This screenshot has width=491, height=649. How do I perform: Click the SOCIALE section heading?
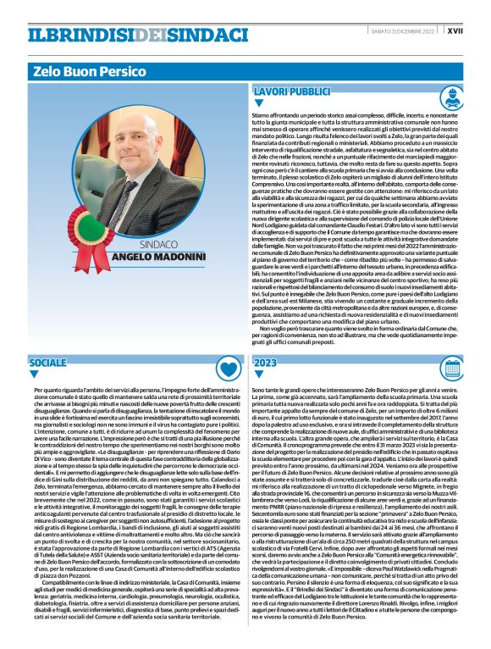[47, 363]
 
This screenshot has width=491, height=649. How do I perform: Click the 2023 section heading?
[266, 363]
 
